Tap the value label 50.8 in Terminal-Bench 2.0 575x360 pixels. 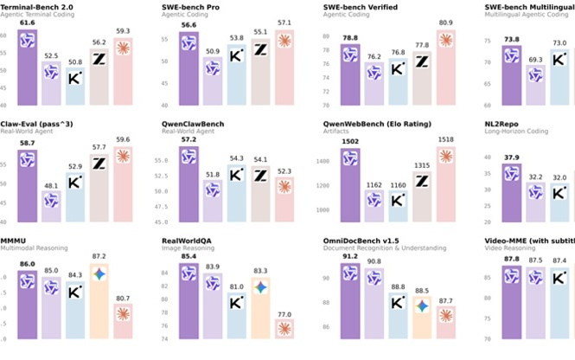coord(76,62)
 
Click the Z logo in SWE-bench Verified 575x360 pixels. coord(422,62)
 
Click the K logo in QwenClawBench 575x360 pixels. coord(235,175)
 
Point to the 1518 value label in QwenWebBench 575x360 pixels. coord(445,138)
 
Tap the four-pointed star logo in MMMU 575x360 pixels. coord(100,273)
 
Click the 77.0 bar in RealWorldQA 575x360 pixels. coord(284,329)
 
